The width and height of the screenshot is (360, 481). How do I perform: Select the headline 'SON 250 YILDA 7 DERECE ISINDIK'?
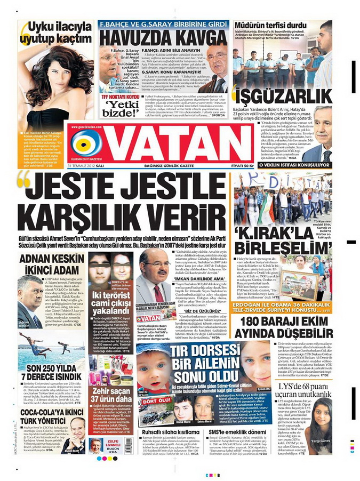(x=45, y=372)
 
